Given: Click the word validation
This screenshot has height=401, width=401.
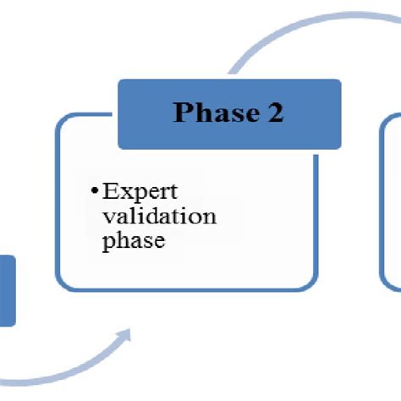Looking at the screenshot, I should [158, 217].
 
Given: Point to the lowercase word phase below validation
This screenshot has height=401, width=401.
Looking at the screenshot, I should [131, 243].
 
